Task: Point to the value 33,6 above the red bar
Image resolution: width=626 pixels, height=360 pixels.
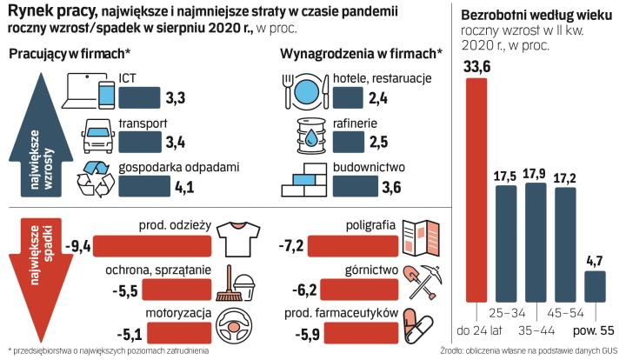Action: [x=477, y=67]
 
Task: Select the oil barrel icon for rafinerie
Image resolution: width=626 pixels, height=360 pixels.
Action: [x=310, y=136]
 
